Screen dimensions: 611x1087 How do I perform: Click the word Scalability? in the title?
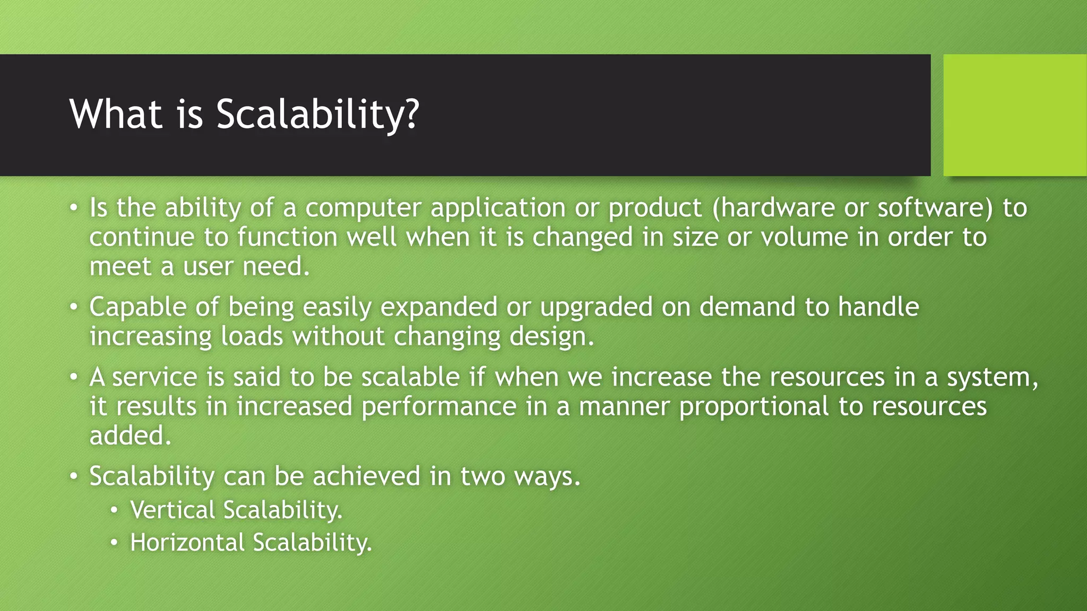click(317, 114)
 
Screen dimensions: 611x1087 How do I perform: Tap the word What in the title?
click(116, 114)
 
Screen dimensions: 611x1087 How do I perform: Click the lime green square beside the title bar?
click(1015, 115)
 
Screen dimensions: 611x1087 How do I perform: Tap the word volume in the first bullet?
click(804, 237)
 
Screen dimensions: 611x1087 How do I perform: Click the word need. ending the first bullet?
click(276, 266)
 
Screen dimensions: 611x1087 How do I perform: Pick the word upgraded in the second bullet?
click(596, 308)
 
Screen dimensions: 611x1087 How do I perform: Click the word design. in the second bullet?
click(552, 337)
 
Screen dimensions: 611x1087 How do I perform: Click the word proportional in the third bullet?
click(754, 407)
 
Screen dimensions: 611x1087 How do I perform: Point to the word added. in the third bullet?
click(130, 435)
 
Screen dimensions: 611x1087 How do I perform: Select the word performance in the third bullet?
click(439, 407)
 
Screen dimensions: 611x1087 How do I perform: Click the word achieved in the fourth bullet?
click(366, 476)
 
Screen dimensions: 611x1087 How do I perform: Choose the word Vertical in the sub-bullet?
click(172, 510)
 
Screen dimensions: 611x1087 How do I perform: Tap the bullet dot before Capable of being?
click(74, 308)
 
